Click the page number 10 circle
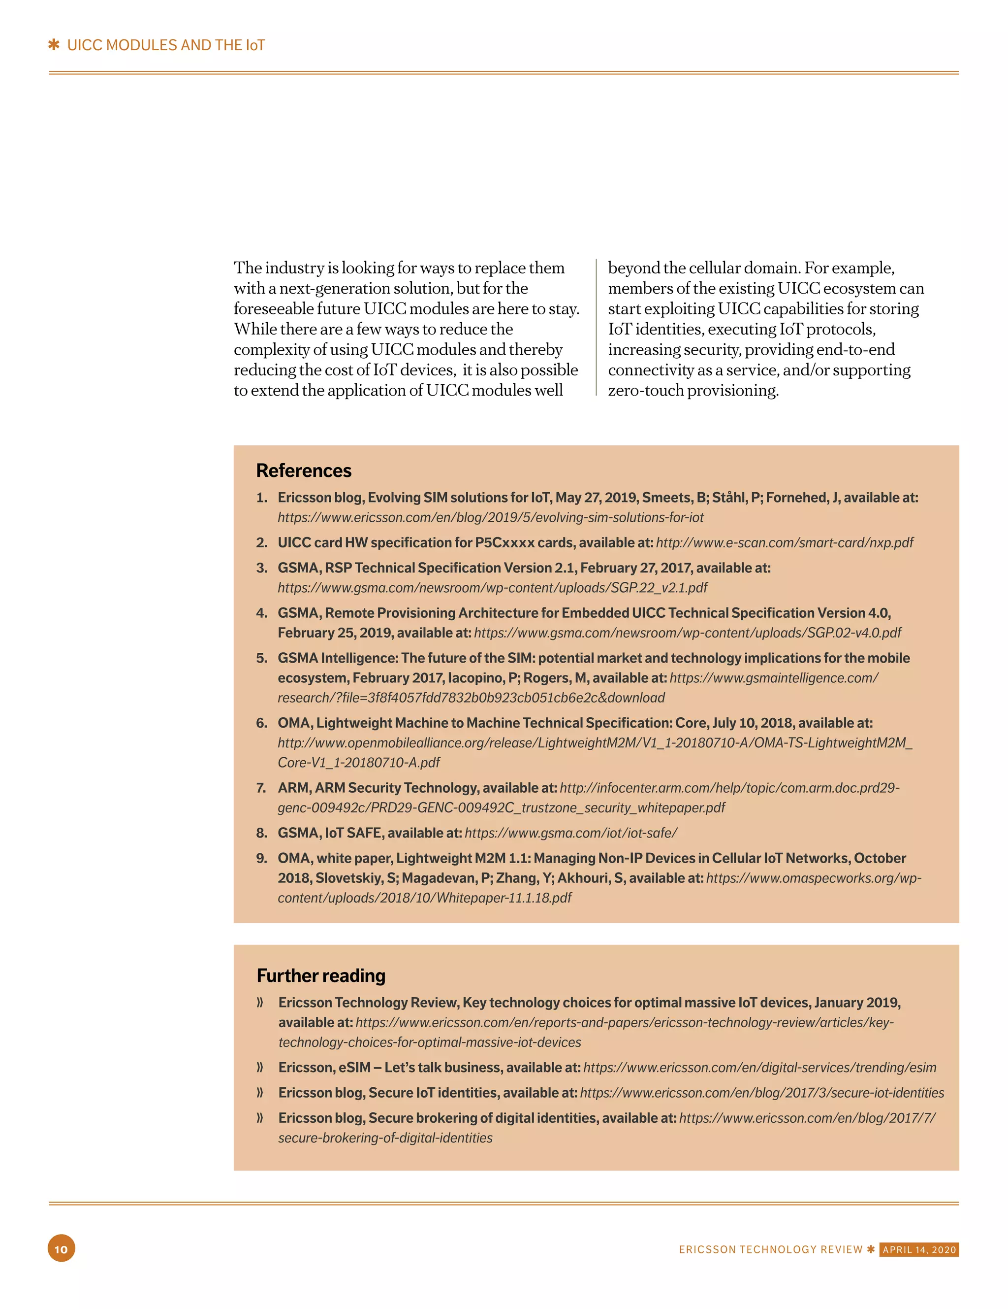pyautogui.click(x=61, y=1248)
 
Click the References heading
pyautogui.click(x=304, y=470)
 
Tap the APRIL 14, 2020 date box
pyautogui.click(x=919, y=1250)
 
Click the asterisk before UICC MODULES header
pyautogui.click(x=54, y=45)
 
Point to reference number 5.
pyautogui.click(x=261, y=658)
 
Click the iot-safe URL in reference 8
pyautogui.click(x=571, y=833)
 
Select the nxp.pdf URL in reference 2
pyautogui.click(x=784, y=542)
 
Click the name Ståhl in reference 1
pyautogui.click(x=728, y=498)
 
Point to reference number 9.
pyautogui.click(x=261, y=858)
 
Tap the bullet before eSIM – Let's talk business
pyautogui.click(x=260, y=1068)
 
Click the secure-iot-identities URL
pyautogui.click(x=761, y=1093)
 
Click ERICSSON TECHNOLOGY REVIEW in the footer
pyautogui.click(x=770, y=1250)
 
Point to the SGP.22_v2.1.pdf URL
pyautogui.click(x=492, y=587)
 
